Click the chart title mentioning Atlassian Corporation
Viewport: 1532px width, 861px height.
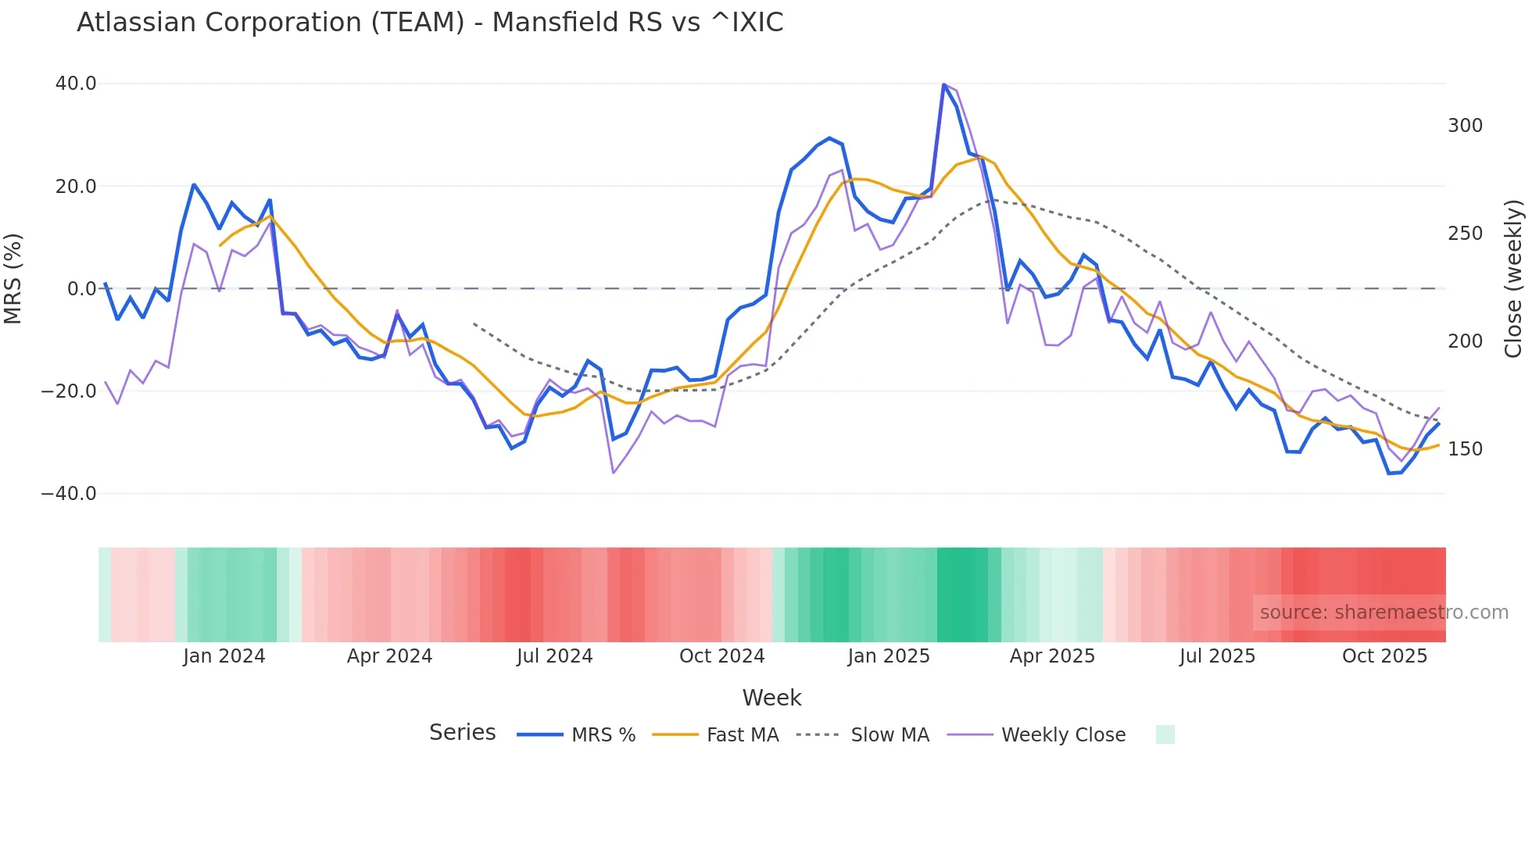430,23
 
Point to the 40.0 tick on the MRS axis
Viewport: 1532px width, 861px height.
76,84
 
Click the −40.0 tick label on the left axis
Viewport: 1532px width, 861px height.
69,494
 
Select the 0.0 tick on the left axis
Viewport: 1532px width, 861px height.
81,289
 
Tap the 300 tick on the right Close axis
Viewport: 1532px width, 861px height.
1465,126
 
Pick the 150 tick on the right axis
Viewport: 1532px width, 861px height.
1465,449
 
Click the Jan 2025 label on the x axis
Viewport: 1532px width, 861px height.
889,656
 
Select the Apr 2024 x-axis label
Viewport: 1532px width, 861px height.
389,656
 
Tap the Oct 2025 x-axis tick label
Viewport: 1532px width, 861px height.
1384,656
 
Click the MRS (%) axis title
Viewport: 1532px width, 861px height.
13,279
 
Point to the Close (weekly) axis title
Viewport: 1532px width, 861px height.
1513,279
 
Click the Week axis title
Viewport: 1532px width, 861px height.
771,698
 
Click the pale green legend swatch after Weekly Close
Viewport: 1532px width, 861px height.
1165,734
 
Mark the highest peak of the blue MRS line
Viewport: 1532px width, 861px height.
944,84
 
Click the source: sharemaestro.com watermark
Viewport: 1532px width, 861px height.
1383,613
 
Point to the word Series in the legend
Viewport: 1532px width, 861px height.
462,733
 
